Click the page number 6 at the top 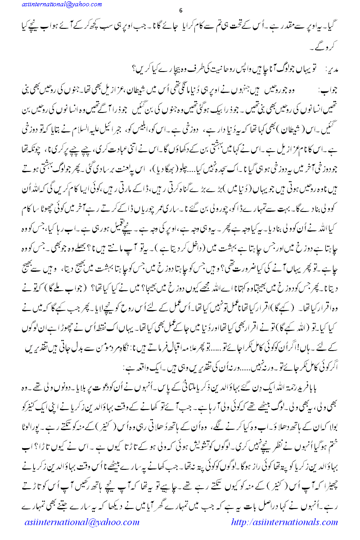coord(180,11)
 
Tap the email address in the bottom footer coord(81,522)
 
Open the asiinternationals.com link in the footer coord(285,522)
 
